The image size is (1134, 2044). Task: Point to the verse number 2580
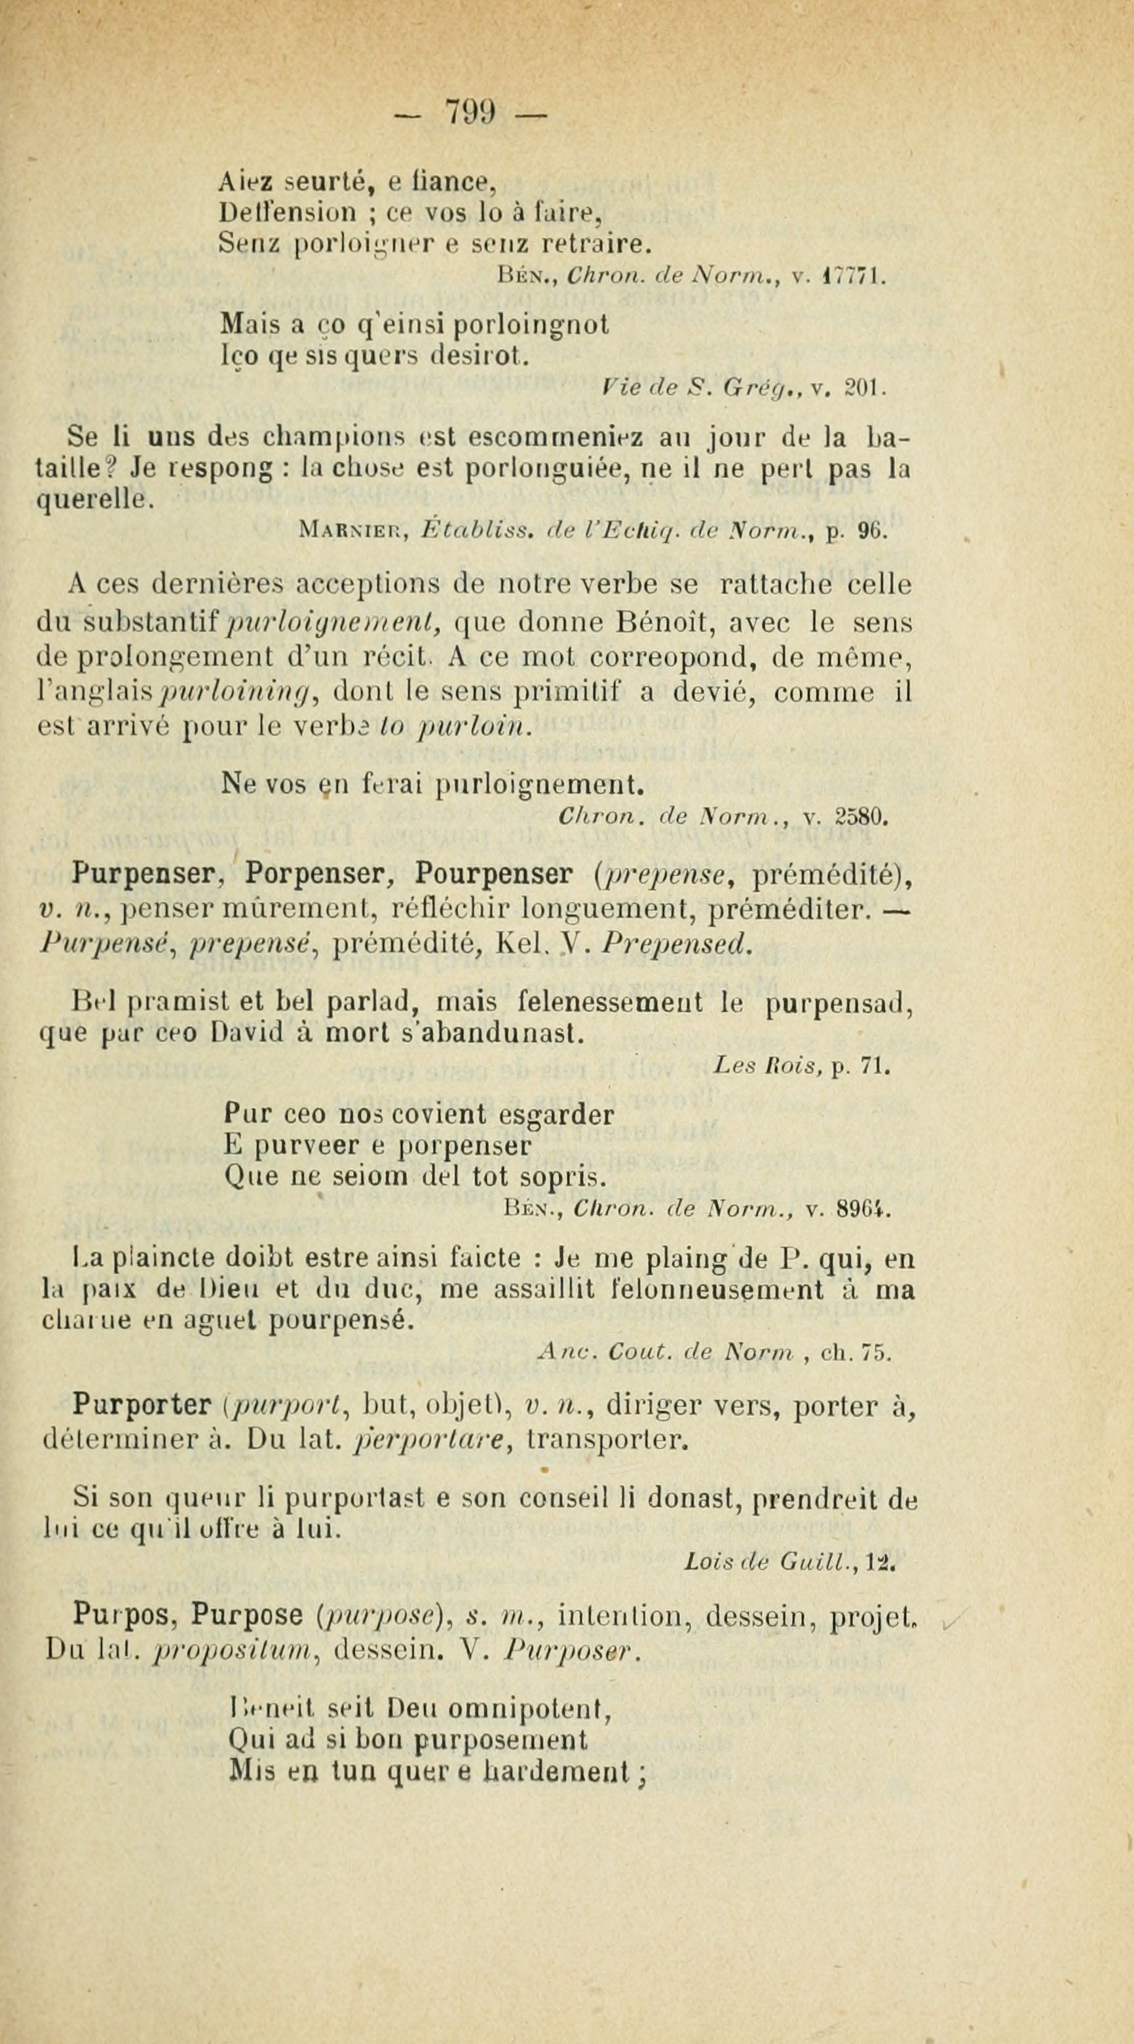click(861, 817)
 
